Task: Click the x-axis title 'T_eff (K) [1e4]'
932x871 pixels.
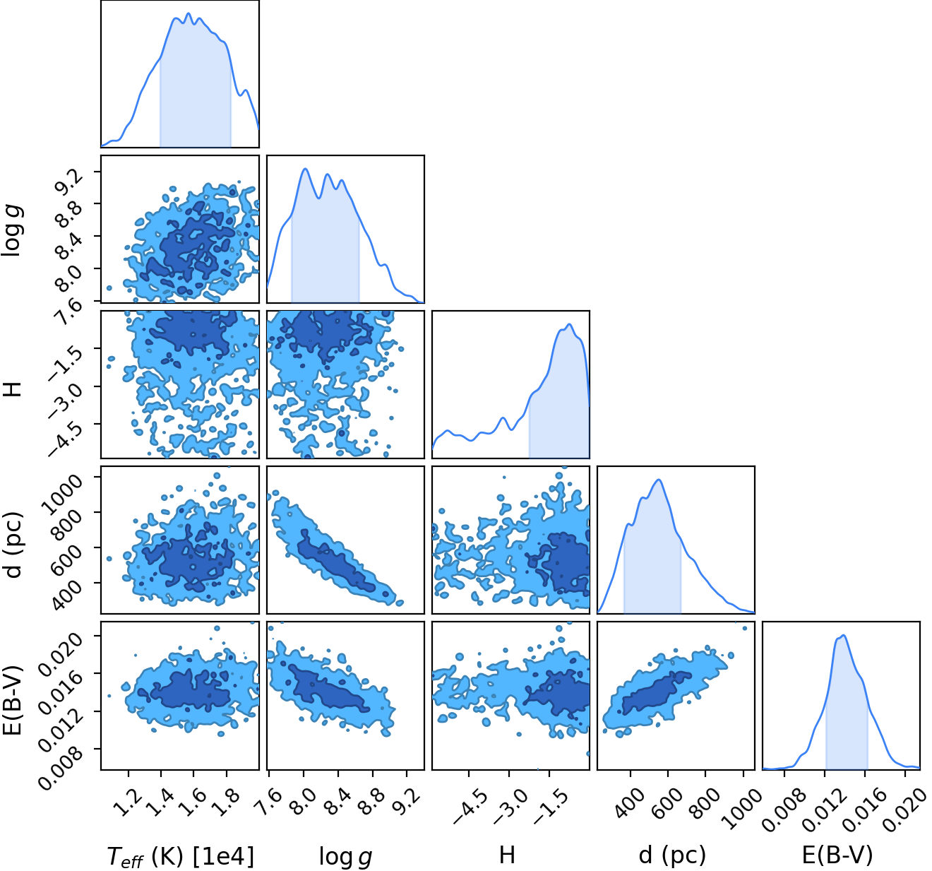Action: coord(181,856)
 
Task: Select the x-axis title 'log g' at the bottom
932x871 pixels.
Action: coord(345,857)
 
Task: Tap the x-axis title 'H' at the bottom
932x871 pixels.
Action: coord(507,855)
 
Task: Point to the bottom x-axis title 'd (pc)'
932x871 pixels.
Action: coord(672,855)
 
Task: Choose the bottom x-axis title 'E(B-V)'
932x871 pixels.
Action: coord(837,855)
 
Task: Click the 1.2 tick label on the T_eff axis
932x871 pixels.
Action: coord(129,795)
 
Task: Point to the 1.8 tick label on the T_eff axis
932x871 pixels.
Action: coord(227,795)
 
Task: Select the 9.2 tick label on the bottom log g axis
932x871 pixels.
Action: coord(407,795)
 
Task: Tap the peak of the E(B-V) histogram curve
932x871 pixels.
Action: coord(844,635)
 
